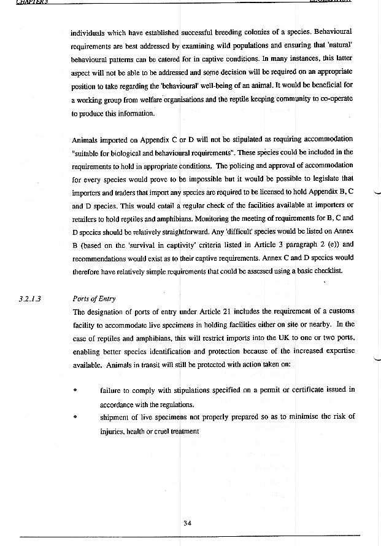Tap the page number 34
[188, 523]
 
